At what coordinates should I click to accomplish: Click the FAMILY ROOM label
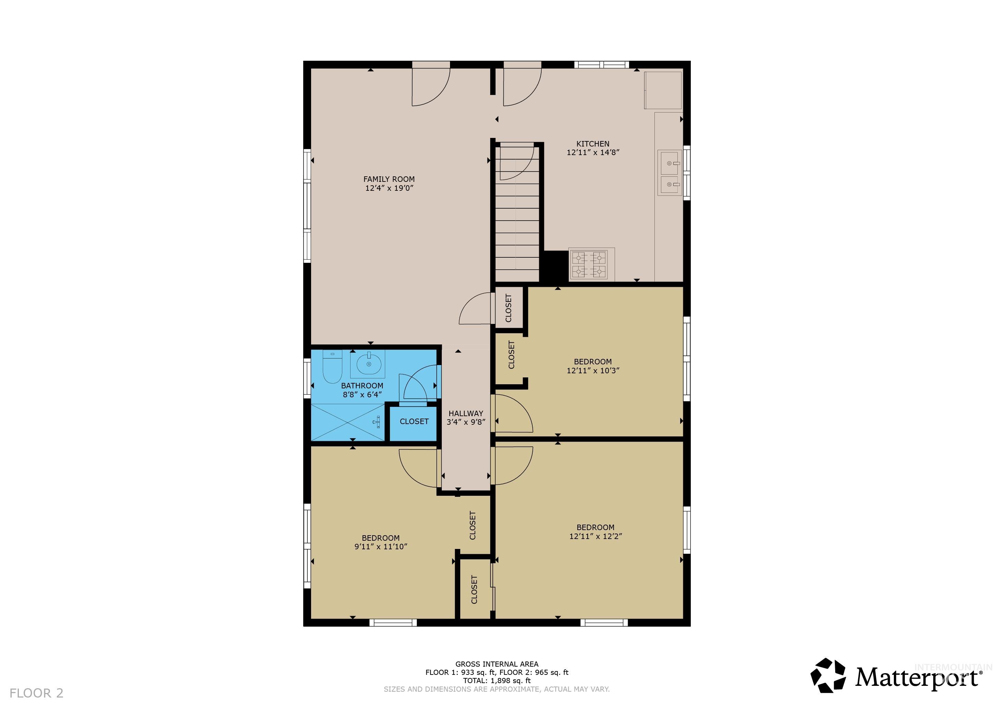tap(389, 179)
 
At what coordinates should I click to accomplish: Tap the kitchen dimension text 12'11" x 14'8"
tap(593, 152)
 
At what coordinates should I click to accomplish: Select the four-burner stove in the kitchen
tap(589, 265)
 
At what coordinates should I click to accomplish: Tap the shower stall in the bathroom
tap(348, 422)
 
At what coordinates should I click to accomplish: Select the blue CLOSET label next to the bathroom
tap(414, 421)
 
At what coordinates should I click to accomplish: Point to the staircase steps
tap(517, 230)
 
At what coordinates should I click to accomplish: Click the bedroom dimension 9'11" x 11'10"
tap(380, 547)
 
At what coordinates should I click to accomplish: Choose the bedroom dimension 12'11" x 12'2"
tap(595, 536)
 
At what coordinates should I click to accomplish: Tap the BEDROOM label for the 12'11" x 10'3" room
tap(593, 362)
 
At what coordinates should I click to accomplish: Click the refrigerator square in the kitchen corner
tap(662, 90)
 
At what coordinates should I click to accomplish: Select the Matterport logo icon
tap(828, 675)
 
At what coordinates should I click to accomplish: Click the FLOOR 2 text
tap(36, 693)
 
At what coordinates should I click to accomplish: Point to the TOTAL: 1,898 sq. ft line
tap(497, 680)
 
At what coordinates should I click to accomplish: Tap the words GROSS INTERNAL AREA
tap(497, 664)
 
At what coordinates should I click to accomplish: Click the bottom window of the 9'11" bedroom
tap(393, 623)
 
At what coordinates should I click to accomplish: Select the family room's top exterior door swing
tap(430, 86)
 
